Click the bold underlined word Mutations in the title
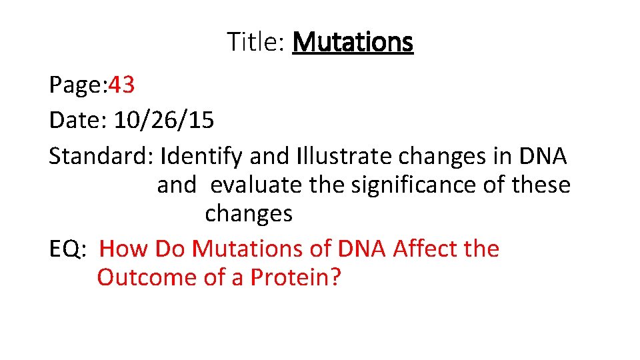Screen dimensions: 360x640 click(x=353, y=42)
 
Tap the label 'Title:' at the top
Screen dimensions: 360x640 click(x=256, y=42)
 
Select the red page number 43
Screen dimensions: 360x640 click(x=121, y=85)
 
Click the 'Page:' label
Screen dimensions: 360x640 click(x=77, y=85)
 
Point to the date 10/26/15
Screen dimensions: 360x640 click(x=164, y=121)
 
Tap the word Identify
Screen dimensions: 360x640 click(x=202, y=157)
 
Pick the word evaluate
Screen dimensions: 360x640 click(x=256, y=185)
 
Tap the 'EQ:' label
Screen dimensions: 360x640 click(x=69, y=249)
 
